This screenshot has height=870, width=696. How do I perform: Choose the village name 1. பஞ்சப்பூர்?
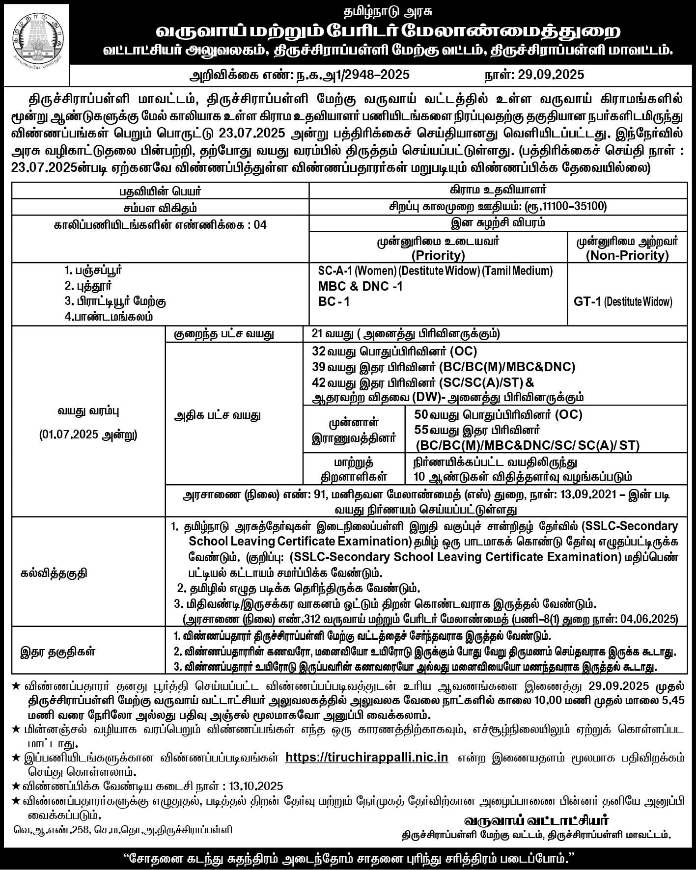pos(93,270)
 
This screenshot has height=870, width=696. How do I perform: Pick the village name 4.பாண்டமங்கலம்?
pos(109,317)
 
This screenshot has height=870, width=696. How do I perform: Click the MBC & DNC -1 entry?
pos(361,286)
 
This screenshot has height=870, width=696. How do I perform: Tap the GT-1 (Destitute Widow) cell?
pos(623,301)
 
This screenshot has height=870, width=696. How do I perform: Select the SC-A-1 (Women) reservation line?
pos(435,271)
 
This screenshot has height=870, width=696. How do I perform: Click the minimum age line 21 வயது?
pos(406,334)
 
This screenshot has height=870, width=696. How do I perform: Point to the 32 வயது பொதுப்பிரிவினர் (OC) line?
pos(394,352)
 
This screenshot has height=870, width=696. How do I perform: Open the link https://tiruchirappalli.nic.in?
pos(366,757)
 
